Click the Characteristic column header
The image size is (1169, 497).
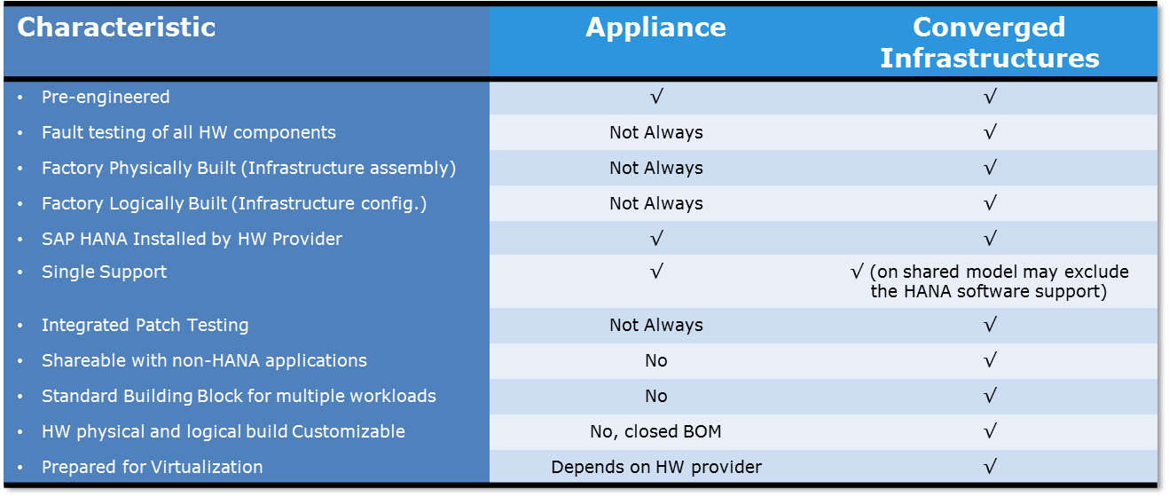[116, 28]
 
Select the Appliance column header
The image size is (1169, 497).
[655, 28]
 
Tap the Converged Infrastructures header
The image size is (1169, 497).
[989, 43]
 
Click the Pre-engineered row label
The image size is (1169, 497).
[106, 97]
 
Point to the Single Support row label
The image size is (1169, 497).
[104, 272]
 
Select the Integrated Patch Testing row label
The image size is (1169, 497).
[145, 325]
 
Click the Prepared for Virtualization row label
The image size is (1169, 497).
[152, 467]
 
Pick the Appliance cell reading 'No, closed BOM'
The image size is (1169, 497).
[655, 431]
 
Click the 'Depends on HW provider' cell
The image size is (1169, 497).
[655, 467]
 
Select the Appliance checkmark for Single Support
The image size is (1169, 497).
[655, 272]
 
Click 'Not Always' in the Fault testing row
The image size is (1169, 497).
[655, 132]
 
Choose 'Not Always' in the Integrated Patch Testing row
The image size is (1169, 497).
[655, 325]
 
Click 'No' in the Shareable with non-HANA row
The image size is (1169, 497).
[655, 360]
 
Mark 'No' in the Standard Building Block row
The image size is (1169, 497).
[655, 396]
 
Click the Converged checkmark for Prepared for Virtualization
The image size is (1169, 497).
[990, 467]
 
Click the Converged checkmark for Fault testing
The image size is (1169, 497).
[990, 132]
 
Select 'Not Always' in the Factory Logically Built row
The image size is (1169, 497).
[655, 203]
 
